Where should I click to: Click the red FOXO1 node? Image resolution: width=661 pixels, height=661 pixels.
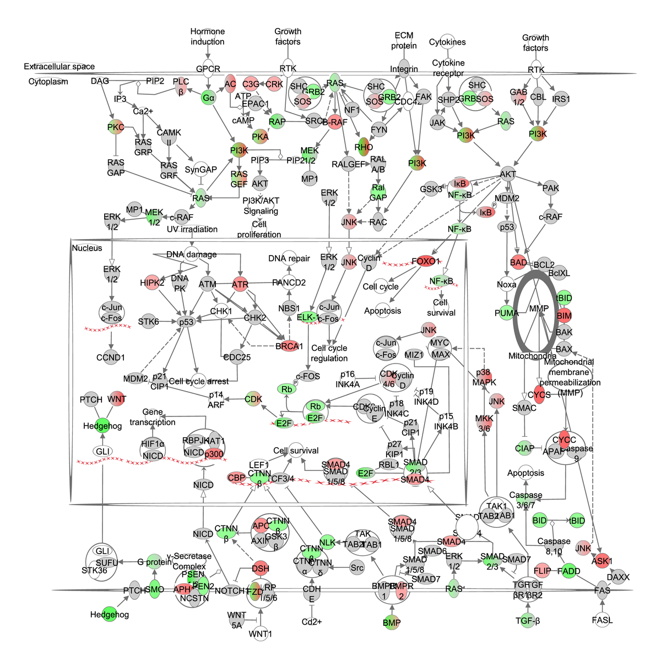point(426,261)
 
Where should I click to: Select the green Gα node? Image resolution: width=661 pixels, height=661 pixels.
point(208,98)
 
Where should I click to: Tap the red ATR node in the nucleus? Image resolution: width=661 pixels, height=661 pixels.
point(240,284)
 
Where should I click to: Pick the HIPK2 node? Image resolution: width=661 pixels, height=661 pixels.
point(152,283)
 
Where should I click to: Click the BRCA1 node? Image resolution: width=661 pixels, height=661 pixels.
point(289,346)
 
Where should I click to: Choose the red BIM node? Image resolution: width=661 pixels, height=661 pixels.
point(564,316)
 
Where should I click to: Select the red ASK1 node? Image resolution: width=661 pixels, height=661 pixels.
point(602,561)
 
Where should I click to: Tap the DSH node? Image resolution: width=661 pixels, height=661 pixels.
point(261,568)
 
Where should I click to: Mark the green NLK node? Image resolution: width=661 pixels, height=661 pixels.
point(327,542)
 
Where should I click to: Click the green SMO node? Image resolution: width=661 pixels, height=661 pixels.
point(155,589)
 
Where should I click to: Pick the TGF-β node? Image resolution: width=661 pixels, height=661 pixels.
point(528,621)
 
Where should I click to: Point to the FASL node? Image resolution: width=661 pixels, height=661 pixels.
point(602,620)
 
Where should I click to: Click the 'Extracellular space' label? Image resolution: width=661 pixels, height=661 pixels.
point(59,67)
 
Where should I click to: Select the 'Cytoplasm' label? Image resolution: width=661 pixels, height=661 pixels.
point(48,82)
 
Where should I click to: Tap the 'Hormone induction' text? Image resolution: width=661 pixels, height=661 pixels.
point(208,36)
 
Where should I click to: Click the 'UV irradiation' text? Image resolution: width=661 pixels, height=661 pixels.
point(192,229)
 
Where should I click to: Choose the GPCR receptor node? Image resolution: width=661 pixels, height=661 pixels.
point(208,69)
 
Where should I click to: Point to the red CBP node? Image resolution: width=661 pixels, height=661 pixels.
point(236,478)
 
